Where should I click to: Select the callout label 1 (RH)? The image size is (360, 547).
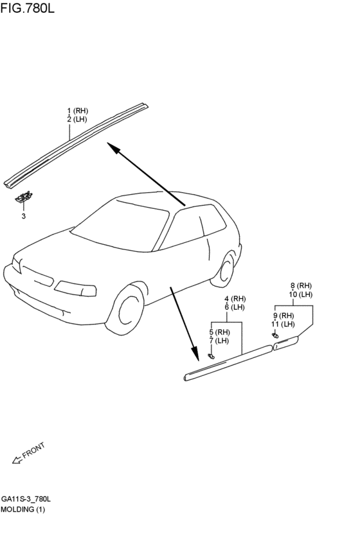click(77, 111)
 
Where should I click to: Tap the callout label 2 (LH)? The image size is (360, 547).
click(77, 119)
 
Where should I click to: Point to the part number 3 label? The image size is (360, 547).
click(24, 216)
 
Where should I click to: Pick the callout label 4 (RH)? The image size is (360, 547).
click(235, 299)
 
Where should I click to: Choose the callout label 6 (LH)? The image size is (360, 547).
click(235, 307)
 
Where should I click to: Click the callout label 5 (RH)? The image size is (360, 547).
click(219, 332)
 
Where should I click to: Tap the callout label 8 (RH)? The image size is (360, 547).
click(300, 285)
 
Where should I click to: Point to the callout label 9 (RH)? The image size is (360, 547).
click(283, 316)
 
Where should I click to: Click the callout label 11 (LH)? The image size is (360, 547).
click(283, 324)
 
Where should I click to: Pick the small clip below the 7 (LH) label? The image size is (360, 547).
click(212, 355)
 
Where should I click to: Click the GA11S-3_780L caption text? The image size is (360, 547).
click(26, 499)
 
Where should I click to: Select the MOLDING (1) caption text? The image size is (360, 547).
click(23, 509)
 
